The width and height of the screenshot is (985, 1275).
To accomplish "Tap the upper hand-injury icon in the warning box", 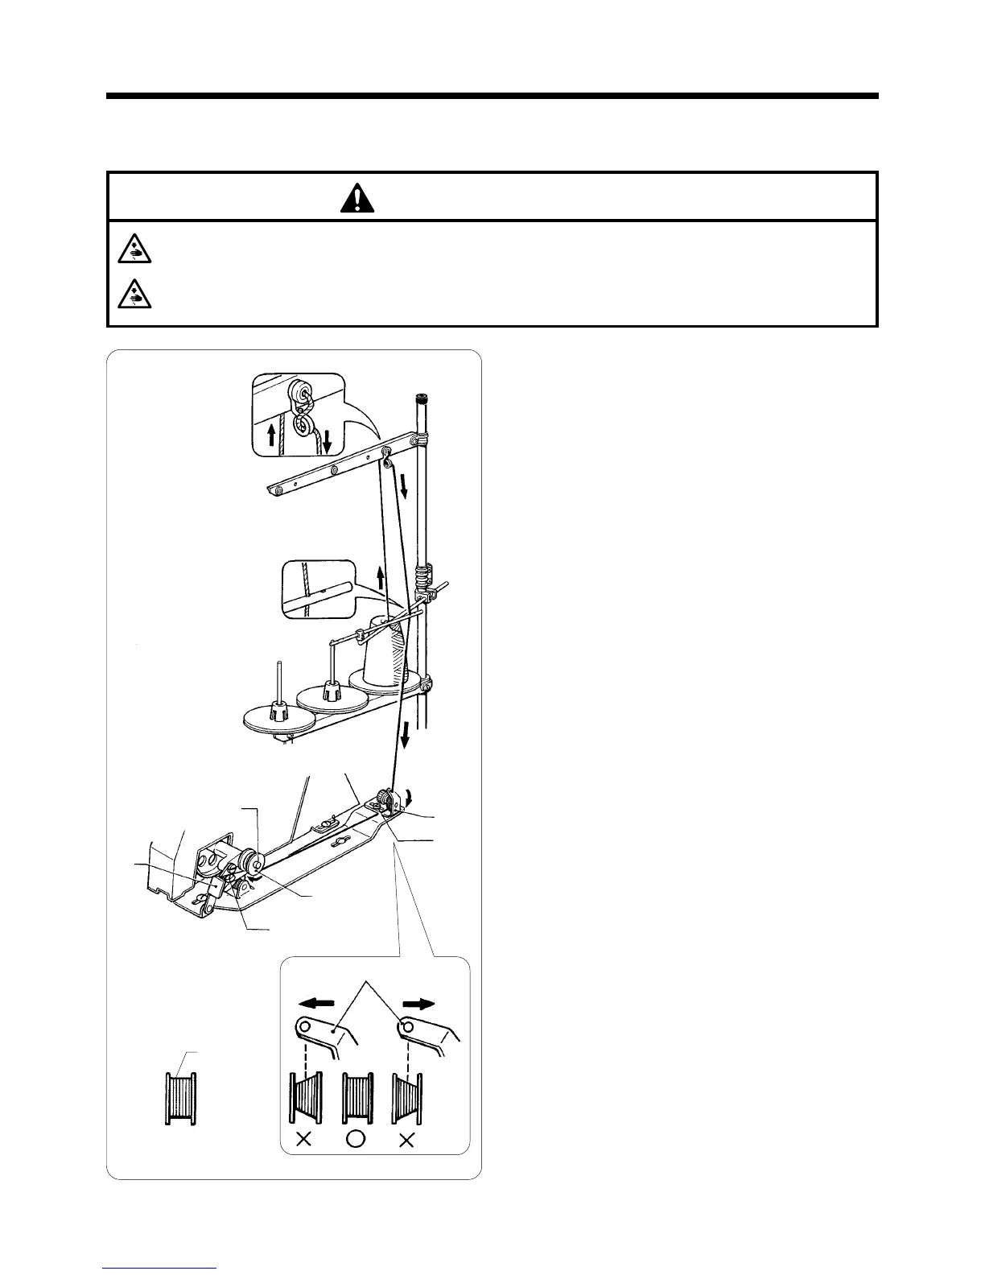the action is point(130,250).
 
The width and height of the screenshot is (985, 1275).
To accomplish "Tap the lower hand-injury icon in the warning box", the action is point(130,295).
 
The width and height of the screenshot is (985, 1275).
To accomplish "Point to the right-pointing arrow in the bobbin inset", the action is point(418,1004).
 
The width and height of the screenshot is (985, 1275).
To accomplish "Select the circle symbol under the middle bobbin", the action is point(357,1139).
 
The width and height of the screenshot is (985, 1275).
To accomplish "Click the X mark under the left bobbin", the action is point(304,1139).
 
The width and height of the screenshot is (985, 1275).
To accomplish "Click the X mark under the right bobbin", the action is point(407,1139).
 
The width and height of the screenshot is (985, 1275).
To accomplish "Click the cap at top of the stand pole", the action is point(421,397).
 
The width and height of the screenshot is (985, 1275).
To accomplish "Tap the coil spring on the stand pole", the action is point(422,577).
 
